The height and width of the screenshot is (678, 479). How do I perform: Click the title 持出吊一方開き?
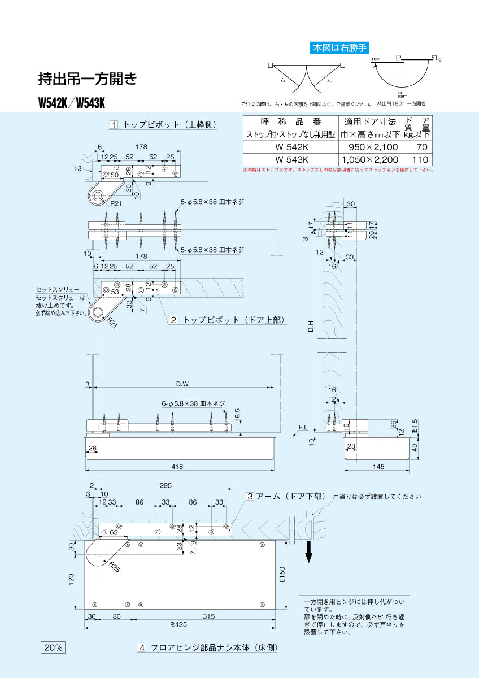point(87,79)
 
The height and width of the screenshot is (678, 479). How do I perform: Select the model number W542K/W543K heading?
point(72,103)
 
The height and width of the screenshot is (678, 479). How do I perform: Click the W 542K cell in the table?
point(290,147)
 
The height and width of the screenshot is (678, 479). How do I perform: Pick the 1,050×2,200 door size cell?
point(369,160)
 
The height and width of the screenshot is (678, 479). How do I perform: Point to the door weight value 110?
point(419,160)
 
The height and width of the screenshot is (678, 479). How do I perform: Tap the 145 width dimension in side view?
point(378,466)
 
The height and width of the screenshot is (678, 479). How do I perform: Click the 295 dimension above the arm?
point(165,485)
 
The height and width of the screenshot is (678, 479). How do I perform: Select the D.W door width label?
point(182,384)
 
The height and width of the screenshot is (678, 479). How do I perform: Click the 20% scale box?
point(53,647)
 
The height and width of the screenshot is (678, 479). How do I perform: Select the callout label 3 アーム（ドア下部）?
point(286,496)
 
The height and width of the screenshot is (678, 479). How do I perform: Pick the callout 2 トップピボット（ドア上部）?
point(227,320)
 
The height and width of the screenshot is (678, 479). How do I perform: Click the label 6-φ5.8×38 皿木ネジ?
point(193,403)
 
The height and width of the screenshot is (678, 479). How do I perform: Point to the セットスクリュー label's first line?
point(57,289)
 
